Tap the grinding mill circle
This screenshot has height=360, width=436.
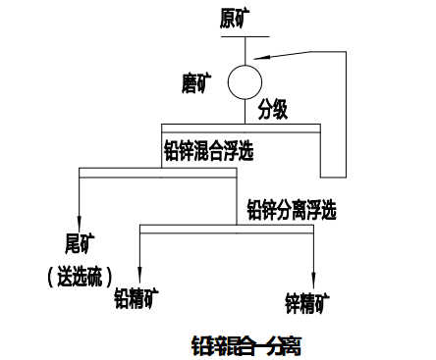click(242, 79)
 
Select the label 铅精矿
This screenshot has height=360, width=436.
click(136, 295)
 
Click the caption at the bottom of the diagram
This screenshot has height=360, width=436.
click(246, 344)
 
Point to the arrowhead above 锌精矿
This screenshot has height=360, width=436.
click(313, 280)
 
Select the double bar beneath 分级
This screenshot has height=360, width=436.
click(241, 128)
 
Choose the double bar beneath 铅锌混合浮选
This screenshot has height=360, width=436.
click(157, 173)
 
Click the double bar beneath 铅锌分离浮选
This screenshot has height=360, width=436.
click(226, 229)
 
